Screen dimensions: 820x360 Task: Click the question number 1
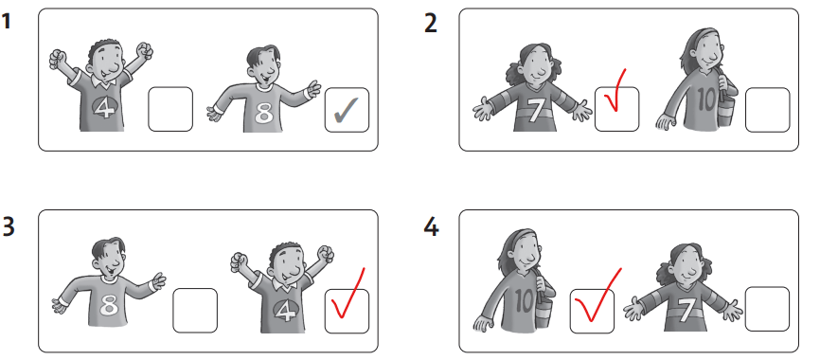point(7,22)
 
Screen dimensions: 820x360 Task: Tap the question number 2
point(431,24)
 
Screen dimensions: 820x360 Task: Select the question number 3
point(8,226)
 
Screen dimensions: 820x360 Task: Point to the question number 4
point(431,226)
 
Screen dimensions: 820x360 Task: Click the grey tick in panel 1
point(346,109)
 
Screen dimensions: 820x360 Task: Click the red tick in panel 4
point(597,297)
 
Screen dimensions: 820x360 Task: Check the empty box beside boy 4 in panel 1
point(170,109)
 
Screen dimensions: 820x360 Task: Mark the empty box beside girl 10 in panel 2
point(767,109)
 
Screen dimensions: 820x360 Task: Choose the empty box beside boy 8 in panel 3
point(194,310)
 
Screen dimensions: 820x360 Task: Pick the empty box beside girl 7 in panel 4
point(767,309)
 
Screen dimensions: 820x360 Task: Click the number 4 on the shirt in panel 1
point(104,108)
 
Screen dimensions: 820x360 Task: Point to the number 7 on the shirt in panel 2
point(534,110)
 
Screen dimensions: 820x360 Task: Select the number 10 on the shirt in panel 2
point(706,101)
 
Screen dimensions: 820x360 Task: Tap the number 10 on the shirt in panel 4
point(524,301)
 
